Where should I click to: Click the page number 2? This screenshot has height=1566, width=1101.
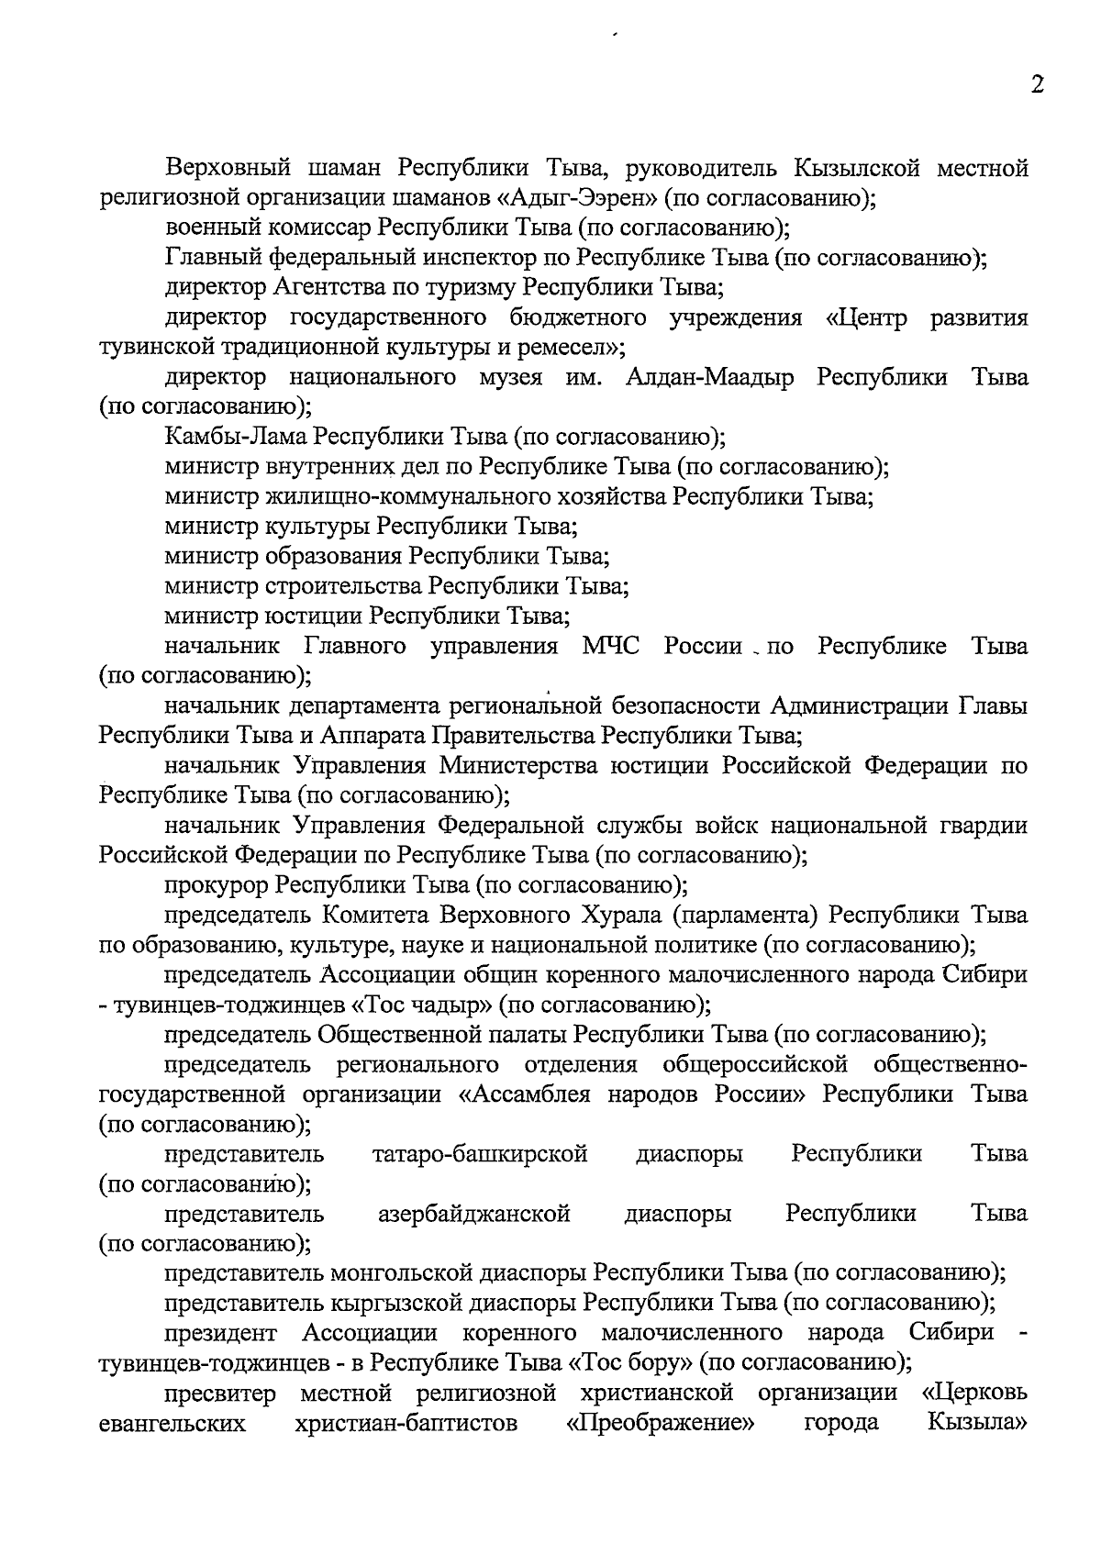(x=1037, y=85)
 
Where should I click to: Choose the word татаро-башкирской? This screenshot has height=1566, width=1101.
(x=480, y=1153)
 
